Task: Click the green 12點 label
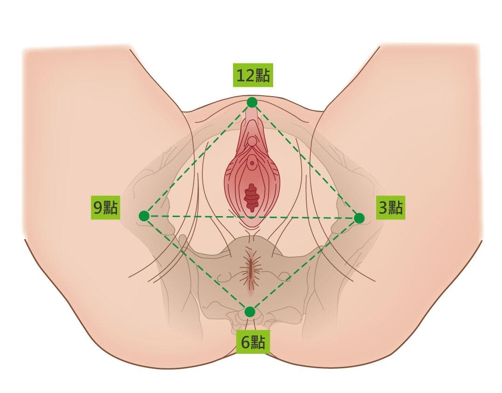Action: [253, 76]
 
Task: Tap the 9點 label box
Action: [105, 208]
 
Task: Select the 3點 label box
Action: [390, 208]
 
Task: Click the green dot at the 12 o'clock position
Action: [252, 102]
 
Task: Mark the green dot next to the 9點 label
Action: [144, 216]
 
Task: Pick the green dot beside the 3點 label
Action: [359, 218]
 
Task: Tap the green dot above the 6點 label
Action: [250, 311]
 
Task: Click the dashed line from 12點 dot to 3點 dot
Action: [305, 160]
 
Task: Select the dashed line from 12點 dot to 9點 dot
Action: [198, 159]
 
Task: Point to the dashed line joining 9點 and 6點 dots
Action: [197, 264]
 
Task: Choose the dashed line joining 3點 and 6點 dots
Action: [304, 264]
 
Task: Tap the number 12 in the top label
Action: [246, 76]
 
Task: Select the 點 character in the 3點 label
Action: [396, 208]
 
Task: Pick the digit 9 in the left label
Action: [98, 208]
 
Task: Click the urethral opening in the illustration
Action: [252, 163]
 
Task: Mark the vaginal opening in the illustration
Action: [252, 196]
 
